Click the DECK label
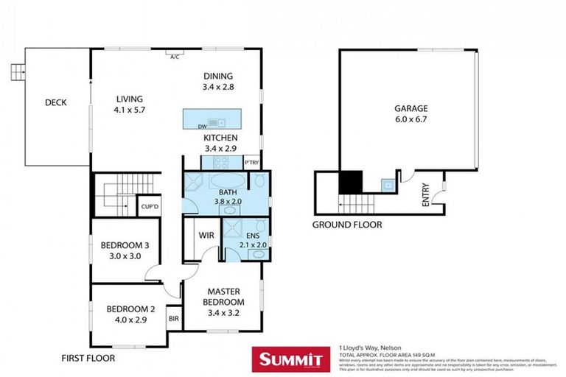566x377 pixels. [55, 102]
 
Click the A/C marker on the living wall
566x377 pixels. [175, 57]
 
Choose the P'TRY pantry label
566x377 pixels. [252, 163]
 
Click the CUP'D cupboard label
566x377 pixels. [150, 207]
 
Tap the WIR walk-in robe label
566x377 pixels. [206, 236]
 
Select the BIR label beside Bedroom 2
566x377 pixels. [174, 319]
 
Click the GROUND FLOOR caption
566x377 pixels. [347, 225]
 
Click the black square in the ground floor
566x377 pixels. [349, 181]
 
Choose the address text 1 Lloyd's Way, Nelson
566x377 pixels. [369, 347]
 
